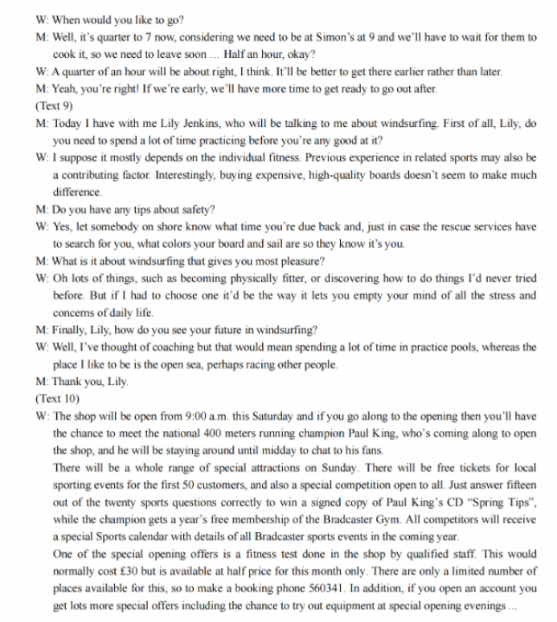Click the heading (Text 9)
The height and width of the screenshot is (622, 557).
pyautogui.click(x=53, y=105)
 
